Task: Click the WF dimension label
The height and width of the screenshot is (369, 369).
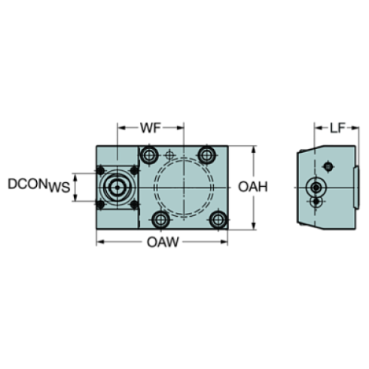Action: (x=150, y=128)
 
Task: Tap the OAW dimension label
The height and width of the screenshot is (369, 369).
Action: (x=163, y=242)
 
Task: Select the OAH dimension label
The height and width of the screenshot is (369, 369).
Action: (x=252, y=187)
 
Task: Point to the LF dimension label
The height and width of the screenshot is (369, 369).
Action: (x=337, y=128)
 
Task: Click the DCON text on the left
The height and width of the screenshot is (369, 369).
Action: (x=28, y=184)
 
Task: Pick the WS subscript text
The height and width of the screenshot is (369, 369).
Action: (x=59, y=188)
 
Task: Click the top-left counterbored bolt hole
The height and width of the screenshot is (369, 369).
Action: (x=149, y=155)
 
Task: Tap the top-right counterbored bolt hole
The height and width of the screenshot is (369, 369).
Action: (x=206, y=155)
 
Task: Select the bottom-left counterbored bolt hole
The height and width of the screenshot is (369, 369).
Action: (x=161, y=220)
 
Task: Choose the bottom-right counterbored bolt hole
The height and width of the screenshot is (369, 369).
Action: (x=218, y=220)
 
